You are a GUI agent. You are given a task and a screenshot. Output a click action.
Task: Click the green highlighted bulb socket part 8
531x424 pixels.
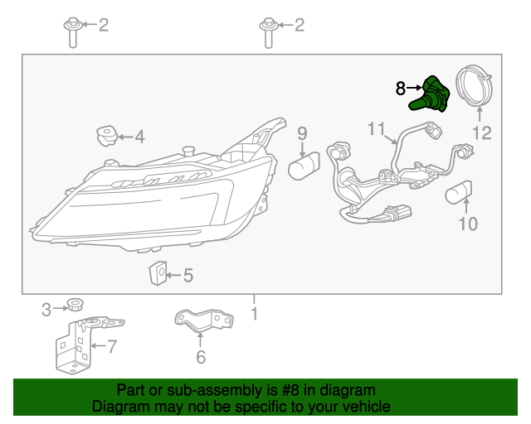tap(430, 94)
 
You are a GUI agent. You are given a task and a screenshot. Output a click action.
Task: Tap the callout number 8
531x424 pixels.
tap(400, 89)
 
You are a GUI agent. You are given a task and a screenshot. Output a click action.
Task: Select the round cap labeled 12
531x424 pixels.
tap(474, 86)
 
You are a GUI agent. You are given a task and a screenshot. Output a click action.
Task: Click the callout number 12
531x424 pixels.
tap(482, 132)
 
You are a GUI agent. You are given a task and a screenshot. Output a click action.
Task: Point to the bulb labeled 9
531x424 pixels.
tap(304, 166)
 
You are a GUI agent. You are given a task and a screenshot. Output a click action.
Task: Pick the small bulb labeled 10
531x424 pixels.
tap(459, 193)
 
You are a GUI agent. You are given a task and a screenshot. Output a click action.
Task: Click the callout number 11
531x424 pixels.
tap(376, 128)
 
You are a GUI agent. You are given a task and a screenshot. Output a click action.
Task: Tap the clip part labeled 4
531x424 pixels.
tap(107, 136)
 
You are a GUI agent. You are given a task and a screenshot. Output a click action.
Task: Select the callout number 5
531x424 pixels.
tap(188, 275)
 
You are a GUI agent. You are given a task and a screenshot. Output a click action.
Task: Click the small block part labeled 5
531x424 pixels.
tap(158, 272)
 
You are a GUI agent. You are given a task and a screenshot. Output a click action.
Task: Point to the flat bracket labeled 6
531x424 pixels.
tap(204, 320)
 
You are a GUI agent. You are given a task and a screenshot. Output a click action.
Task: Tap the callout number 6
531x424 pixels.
tap(201, 357)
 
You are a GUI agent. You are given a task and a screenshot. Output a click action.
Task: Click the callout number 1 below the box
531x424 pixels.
tap(255, 313)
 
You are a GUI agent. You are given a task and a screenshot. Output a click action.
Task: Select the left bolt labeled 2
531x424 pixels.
tap(73, 32)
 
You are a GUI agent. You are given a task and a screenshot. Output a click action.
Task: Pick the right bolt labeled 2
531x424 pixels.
tap(269, 33)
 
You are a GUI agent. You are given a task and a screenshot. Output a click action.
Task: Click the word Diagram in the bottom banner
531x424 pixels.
tap(116, 406)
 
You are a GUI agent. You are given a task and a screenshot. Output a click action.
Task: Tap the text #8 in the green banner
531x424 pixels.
tap(290, 390)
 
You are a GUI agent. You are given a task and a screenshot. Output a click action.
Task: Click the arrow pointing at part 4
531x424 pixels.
tap(125, 137)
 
